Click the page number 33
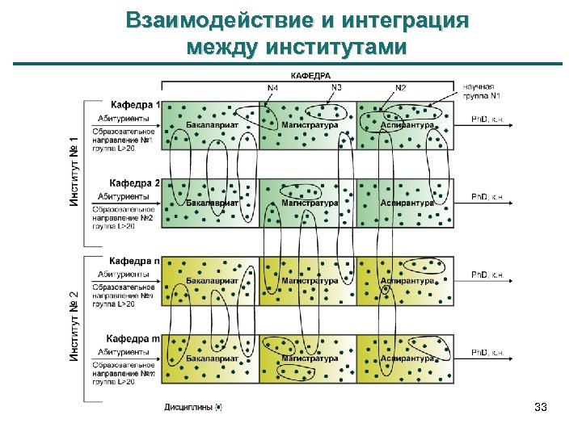coord(541,408)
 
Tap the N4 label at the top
coord(272,87)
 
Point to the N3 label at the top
coord(336,87)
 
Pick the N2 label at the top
coord(401,87)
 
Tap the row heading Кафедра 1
coord(135,105)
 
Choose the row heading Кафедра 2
coord(135,183)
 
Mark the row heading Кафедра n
coord(135,262)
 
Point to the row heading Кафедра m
coord(134,338)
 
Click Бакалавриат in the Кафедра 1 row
coord(211,125)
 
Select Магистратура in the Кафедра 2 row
coord(310,203)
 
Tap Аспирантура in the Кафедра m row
coord(407,358)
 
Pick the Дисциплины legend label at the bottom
coord(189,407)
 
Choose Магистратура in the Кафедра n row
coord(310,281)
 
